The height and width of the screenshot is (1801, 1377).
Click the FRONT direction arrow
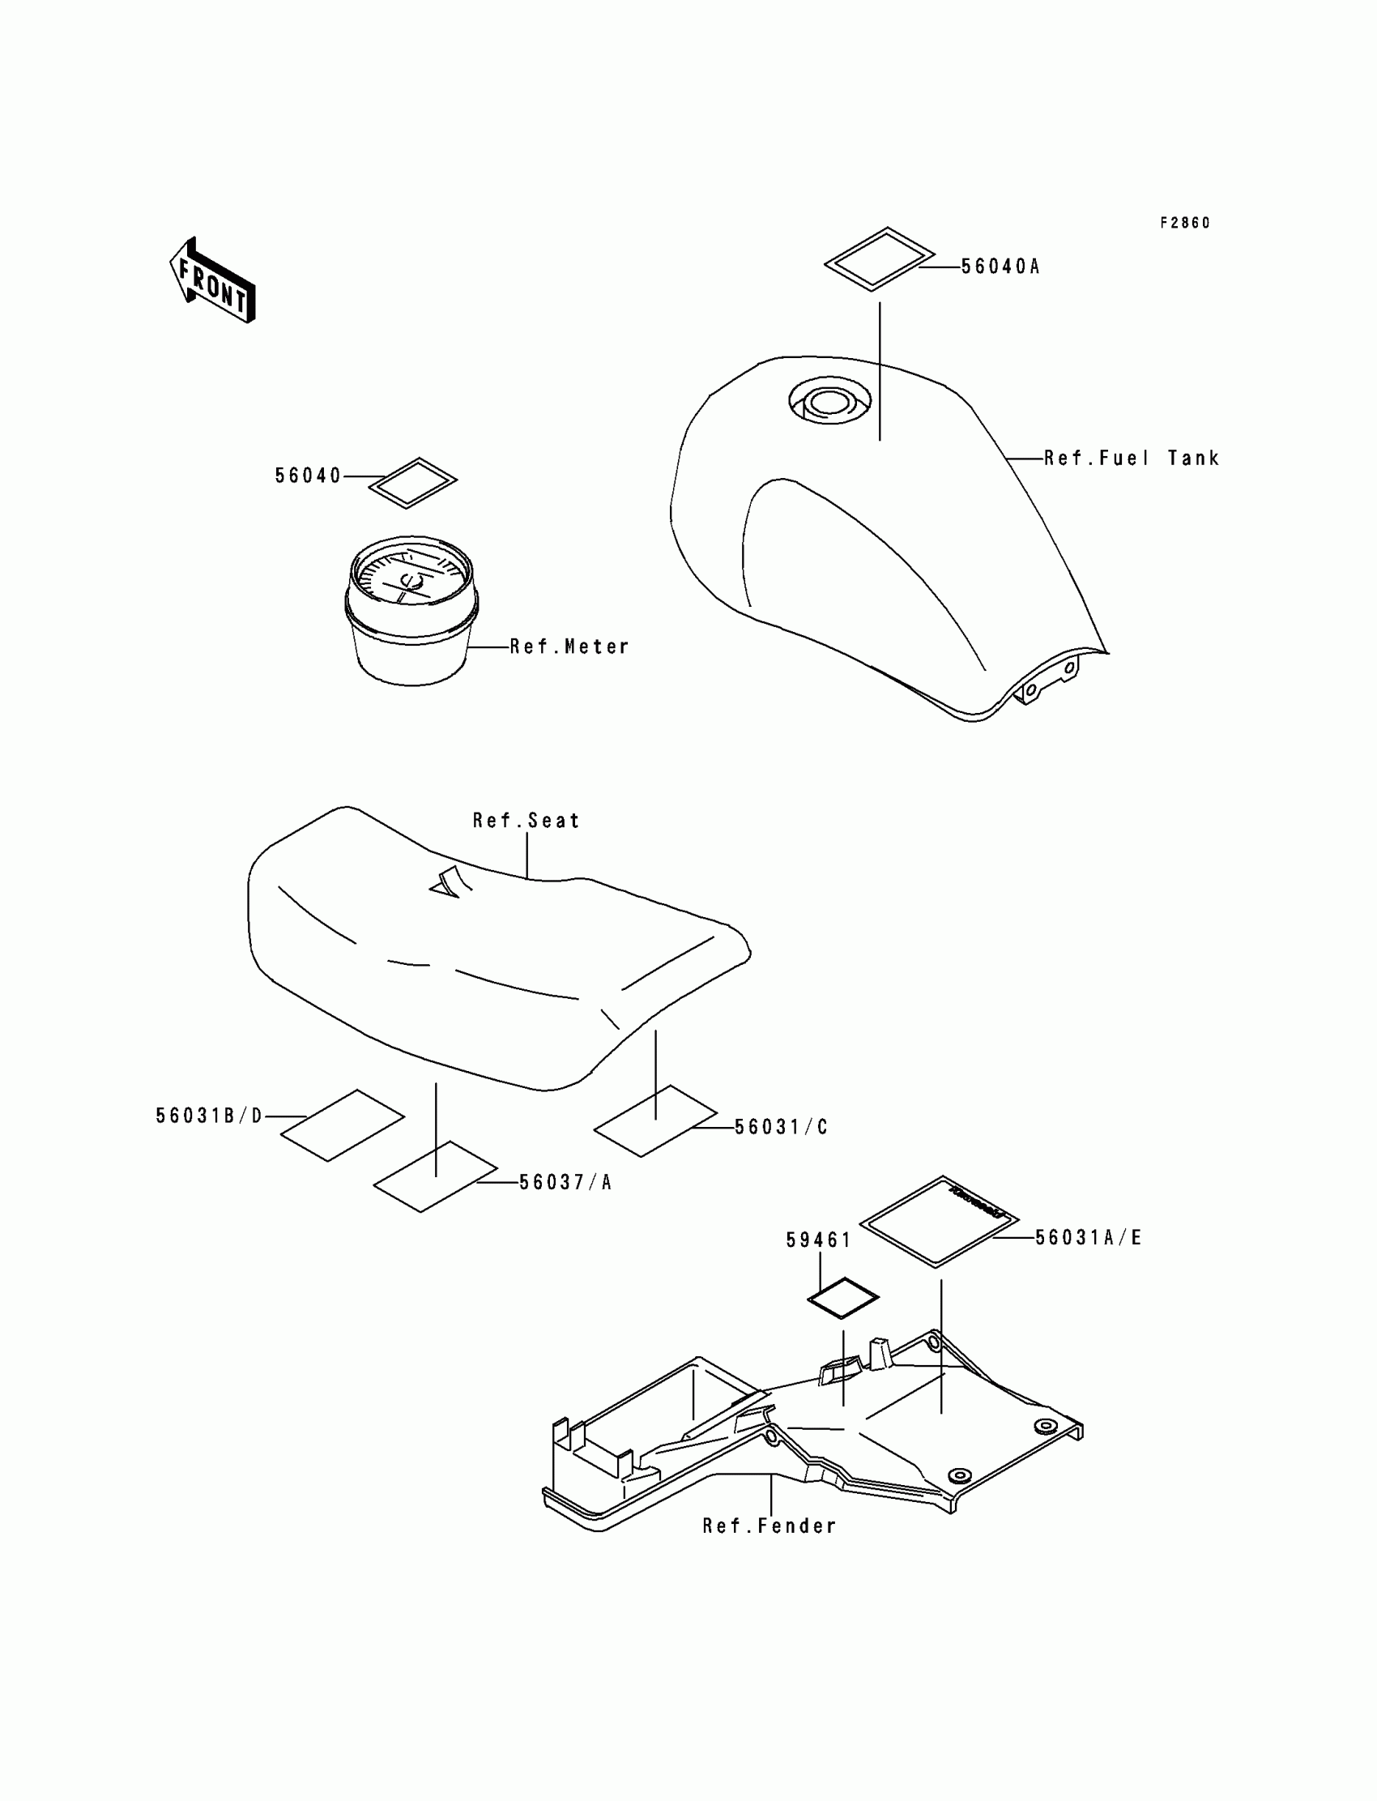212,281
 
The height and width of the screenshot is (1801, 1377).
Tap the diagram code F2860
1184,223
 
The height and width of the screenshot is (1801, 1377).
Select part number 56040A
1000,267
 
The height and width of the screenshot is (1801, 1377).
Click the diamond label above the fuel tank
879,259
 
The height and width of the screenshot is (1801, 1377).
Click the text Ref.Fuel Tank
1131,459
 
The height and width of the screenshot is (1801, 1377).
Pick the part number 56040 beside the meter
307,476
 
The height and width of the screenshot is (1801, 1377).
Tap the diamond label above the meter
412,483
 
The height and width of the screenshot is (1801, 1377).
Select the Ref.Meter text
569,647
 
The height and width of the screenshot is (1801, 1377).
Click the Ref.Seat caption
526,821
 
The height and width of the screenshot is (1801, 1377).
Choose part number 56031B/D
210,1116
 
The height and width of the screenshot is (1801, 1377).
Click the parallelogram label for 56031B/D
343,1125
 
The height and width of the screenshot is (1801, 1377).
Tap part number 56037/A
565,1182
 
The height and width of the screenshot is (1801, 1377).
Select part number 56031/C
781,1127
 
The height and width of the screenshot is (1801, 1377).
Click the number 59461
819,1240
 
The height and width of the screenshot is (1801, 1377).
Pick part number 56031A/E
1089,1237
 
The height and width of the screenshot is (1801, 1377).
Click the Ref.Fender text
769,1526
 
